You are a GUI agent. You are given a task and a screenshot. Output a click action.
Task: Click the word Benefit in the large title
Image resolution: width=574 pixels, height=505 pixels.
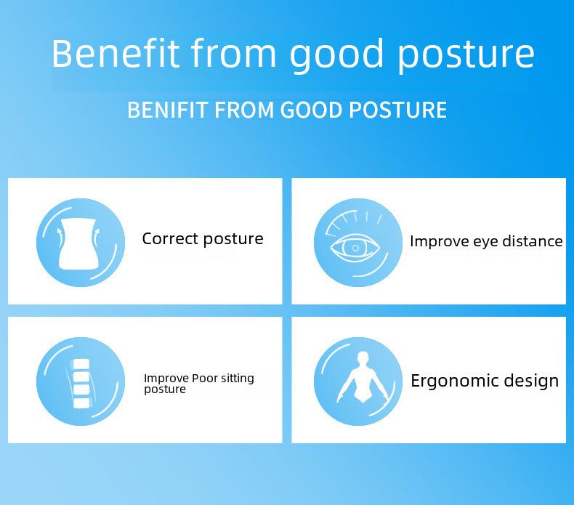point(116,54)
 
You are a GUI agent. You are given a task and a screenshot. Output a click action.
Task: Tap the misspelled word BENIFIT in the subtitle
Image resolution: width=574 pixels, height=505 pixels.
point(168,110)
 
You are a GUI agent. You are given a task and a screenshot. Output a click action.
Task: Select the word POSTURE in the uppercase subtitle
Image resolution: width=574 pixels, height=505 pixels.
point(397,110)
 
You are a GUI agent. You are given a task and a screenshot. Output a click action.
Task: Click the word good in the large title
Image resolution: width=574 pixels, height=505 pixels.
point(336,56)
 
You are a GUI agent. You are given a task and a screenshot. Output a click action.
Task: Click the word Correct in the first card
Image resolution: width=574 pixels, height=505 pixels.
point(170,239)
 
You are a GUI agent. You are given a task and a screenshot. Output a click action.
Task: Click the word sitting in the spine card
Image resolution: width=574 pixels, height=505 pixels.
point(238,379)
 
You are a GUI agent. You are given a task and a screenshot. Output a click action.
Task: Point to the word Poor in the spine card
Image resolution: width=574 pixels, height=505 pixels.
point(205,378)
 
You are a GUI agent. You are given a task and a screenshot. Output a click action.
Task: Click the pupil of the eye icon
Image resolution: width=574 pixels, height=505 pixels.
point(355,248)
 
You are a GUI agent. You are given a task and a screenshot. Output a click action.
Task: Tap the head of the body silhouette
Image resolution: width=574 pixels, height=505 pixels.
point(363,357)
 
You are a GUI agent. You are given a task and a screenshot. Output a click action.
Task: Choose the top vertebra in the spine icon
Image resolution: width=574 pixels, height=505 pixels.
point(81,364)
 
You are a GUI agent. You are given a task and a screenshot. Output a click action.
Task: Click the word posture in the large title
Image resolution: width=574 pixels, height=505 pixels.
point(466,56)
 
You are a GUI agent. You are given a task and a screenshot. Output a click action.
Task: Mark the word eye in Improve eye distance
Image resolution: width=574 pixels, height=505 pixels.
point(486,242)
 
